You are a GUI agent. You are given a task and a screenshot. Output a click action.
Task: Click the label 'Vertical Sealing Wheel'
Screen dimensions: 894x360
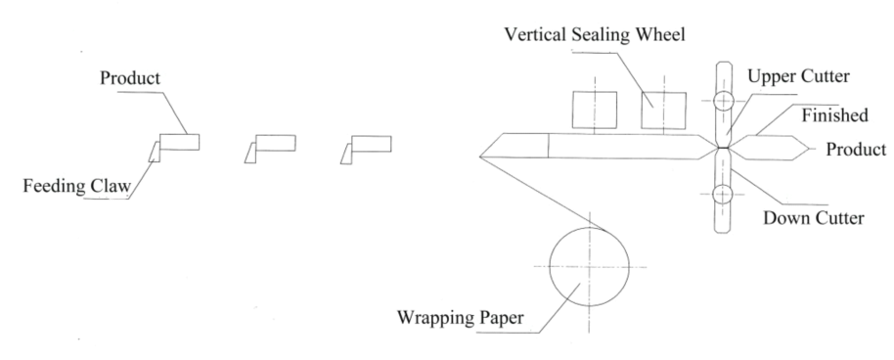[x=595, y=35]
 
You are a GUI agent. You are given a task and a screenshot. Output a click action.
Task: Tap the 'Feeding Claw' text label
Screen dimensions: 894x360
[x=77, y=186]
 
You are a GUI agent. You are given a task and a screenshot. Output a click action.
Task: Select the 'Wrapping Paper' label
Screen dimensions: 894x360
[x=460, y=317]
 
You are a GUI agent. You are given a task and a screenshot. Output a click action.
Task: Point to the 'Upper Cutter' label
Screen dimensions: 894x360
[x=798, y=76]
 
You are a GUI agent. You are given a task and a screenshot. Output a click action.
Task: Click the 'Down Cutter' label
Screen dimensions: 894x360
[x=814, y=217]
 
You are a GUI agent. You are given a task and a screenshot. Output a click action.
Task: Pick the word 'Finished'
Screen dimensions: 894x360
[x=834, y=115]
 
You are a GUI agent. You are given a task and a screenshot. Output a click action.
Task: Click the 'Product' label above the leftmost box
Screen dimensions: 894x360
[x=130, y=77]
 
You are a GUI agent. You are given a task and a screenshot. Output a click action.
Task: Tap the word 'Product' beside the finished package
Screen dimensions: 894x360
[x=857, y=150]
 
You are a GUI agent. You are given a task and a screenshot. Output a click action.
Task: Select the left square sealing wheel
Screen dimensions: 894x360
[x=594, y=110]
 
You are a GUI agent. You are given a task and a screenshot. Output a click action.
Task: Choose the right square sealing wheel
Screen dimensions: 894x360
[x=663, y=111]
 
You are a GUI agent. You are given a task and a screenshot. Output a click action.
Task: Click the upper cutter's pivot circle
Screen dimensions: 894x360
[x=724, y=101]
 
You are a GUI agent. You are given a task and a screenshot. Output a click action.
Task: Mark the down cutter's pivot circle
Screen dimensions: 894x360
[x=723, y=194]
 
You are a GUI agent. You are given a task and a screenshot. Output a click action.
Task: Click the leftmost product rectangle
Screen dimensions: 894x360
[x=180, y=142]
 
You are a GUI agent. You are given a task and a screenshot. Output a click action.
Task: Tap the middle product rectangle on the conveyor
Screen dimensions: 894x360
[x=276, y=143]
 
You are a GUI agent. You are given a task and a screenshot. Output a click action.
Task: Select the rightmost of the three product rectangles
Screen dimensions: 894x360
[x=371, y=144]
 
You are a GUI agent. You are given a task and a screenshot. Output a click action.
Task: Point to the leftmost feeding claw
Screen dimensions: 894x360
[x=155, y=152]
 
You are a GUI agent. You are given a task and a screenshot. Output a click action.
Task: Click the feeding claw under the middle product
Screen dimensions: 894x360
[x=250, y=153]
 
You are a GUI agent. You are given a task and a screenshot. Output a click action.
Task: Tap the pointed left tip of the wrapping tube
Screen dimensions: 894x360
[x=479, y=156]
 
